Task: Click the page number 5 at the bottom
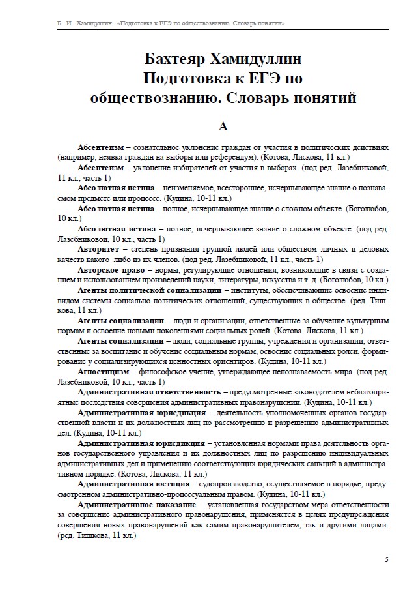(387, 560)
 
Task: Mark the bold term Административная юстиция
(133, 484)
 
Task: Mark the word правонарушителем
(305, 524)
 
